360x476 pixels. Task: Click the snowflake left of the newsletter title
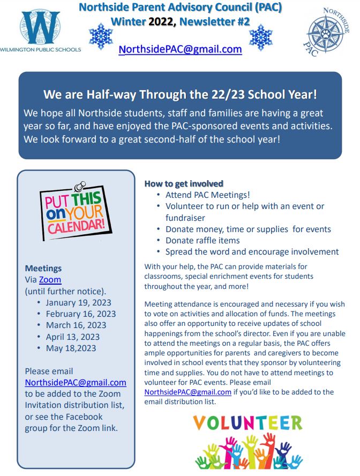(101, 36)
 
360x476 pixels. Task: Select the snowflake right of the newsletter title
(261, 36)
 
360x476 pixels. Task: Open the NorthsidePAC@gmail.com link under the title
(180, 49)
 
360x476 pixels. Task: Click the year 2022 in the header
(162, 21)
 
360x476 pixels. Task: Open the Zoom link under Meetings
(50, 280)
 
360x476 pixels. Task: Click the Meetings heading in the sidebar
(43, 268)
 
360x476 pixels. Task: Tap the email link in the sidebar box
(76, 383)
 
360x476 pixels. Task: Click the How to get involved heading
(184, 184)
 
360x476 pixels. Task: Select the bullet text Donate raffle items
(202, 240)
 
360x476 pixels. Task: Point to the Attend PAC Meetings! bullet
(207, 195)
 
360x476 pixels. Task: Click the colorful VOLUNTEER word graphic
(247, 423)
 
